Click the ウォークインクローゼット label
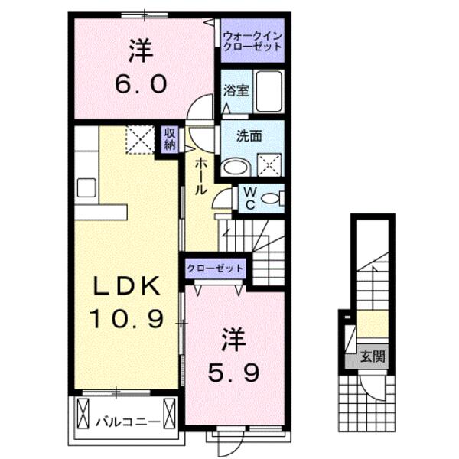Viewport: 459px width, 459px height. coord(252,41)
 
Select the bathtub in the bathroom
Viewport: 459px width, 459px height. coord(269,93)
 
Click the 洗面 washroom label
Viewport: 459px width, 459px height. coord(249,136)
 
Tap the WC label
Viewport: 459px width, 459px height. coord(249,199)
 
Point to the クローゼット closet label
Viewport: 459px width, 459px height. coord(216,269)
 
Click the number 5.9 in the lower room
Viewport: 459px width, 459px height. coord(236,373)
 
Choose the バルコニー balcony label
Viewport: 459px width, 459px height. coord(128,421)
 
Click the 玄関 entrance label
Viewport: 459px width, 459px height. coord(374,355)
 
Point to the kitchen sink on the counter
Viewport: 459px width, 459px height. coord(85,186)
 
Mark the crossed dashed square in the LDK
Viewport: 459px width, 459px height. coord(141,139)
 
